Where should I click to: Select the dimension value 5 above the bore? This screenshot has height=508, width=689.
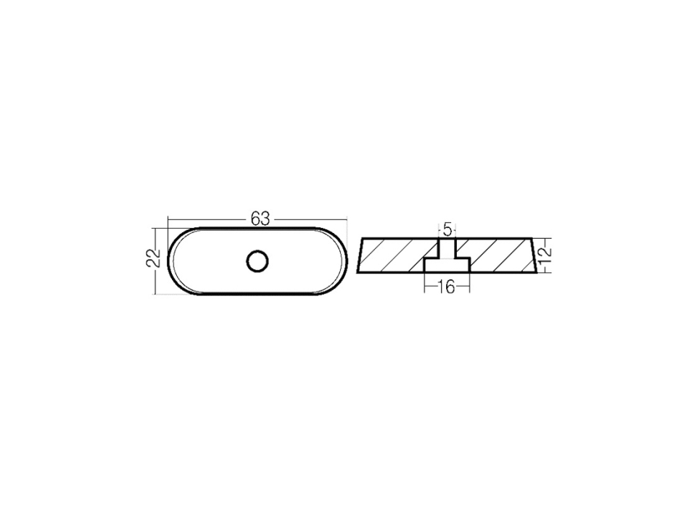pos(447,229)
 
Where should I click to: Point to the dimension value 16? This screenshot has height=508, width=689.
pos(447,288)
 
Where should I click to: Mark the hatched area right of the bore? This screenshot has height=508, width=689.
pos(500,255)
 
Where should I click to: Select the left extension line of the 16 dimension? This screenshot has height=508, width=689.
pos(424,284)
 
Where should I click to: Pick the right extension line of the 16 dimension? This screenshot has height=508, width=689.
pos(471,284)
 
